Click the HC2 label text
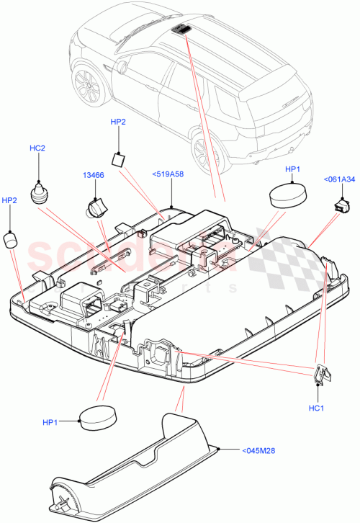(37, 148)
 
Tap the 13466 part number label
(93, 174)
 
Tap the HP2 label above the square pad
(118, 122)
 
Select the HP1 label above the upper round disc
(293, 169)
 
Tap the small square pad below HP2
(120, 158)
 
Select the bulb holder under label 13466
(96, 210)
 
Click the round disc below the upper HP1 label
(287, 195)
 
